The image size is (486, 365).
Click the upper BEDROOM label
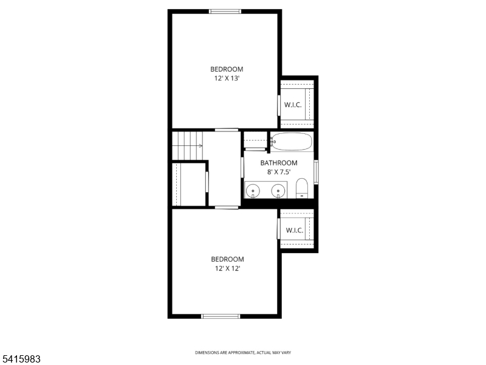click(x=227, y=69)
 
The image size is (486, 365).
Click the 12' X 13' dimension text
click(x=227, y=78)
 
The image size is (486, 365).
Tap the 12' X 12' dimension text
click(x=227, y=268)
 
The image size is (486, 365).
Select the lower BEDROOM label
click(x=227, y=259)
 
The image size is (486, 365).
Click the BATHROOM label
click(x=279, y=163)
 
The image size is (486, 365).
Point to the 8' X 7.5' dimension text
click(x=279, y=172)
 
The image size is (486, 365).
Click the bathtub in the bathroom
click(x=291, y=142)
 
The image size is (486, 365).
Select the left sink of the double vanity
click(x=253, y=191)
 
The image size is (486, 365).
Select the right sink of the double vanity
click(x=279, y=191)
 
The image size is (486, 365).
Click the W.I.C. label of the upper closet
click(x=293, y=105)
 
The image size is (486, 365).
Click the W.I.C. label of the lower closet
click(x=294, y=230)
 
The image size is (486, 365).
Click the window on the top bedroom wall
click(x=225, y=11)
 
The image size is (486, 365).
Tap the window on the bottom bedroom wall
click(x=221, y=316)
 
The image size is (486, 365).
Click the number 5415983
click(x=21, y=360)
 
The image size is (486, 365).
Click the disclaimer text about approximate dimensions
click(x=242, y=353)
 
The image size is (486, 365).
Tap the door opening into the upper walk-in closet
click(x=279, y=105)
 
